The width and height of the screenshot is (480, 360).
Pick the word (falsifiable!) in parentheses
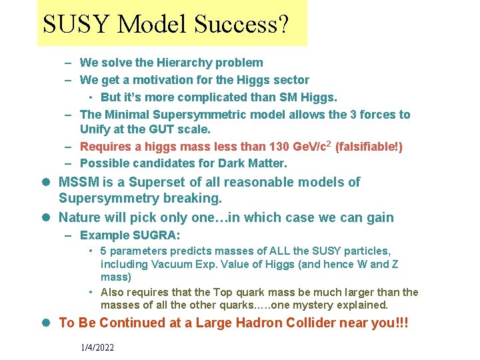point(369,146)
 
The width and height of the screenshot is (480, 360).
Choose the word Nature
point(80,217)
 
